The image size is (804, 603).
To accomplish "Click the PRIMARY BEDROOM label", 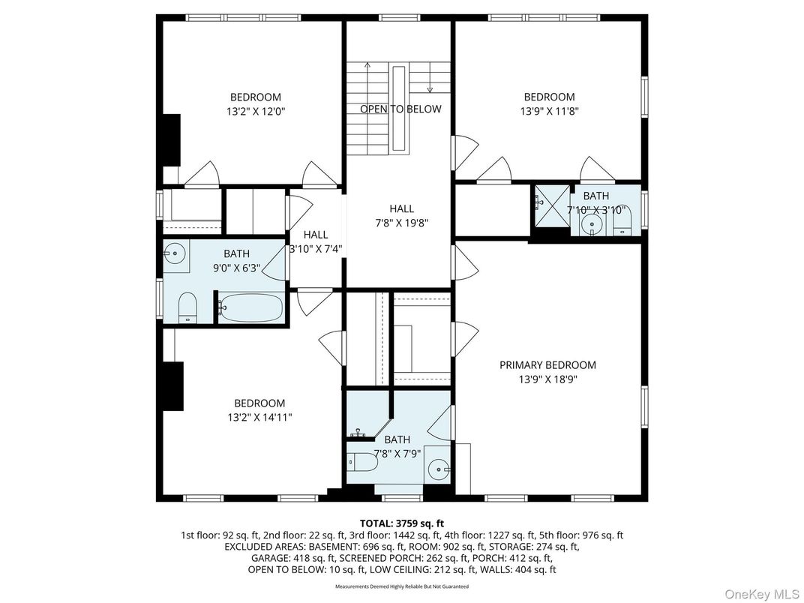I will (x=547, y=365).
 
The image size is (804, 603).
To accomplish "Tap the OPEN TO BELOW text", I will (x=400, y=109).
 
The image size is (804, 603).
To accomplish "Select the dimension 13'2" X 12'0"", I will (x=255, y=111).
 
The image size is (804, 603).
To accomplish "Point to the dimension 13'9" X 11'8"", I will (x=549, y=111).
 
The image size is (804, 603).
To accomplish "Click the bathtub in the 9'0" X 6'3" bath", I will (x=250, y=307).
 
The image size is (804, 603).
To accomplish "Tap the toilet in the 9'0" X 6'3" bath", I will (x=187, y=307).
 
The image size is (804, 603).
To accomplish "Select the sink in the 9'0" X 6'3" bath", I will (x=175, y=253).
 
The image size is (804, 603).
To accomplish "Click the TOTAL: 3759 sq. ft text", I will (x=401, y=523).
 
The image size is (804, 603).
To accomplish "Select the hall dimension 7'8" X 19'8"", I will (x=401, y=223).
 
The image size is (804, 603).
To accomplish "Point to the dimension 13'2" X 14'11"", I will (x=259, y=417).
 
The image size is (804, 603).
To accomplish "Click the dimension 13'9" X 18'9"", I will (x=547, y=379).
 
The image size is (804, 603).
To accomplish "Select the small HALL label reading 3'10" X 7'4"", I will (x=316, y=242).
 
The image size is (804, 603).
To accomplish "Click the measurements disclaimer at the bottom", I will (x=401, y=586).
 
